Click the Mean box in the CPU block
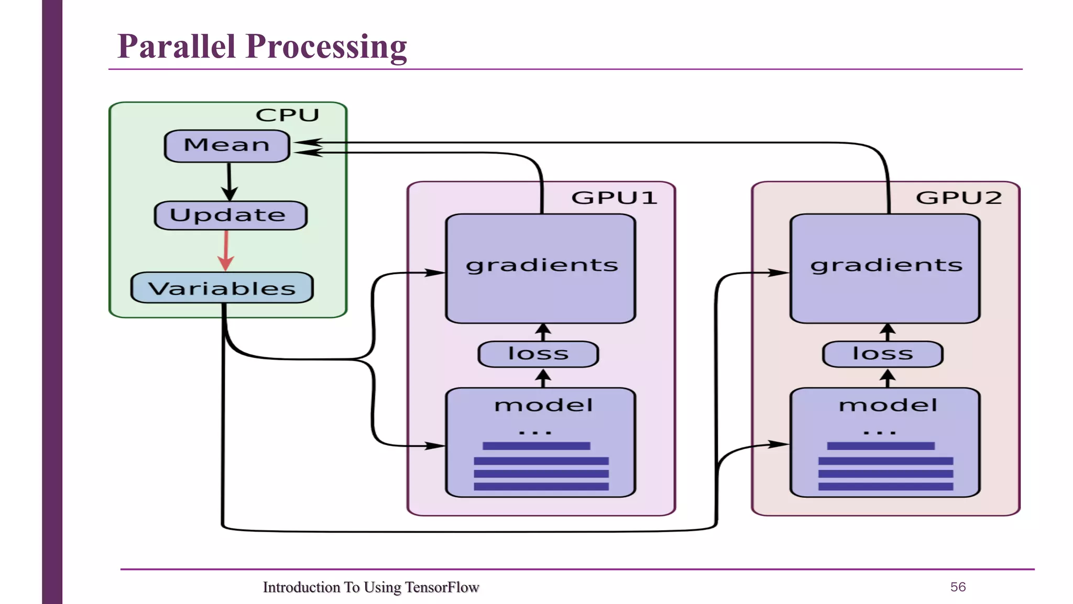coord(227,146)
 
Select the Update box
coord(230,215)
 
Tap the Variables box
coord(222,288)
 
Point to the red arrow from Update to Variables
coord(226,251)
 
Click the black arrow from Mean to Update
coord(229,181)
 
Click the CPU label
coord(287,115)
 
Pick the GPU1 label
coord(614,198)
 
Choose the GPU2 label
coord(958,198)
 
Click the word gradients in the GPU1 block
coord(542,265)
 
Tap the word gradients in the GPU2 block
coord(886,265)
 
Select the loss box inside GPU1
coord(538,354)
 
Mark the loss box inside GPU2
coord(883,354)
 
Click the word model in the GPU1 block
coord(543,405)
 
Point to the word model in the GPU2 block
coord(888,405)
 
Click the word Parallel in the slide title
coord(177,46)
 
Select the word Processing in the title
coord(326,47)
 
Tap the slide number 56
coord(958,587)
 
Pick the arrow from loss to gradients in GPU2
coord(888,332)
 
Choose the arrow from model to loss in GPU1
coord(543,378)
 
